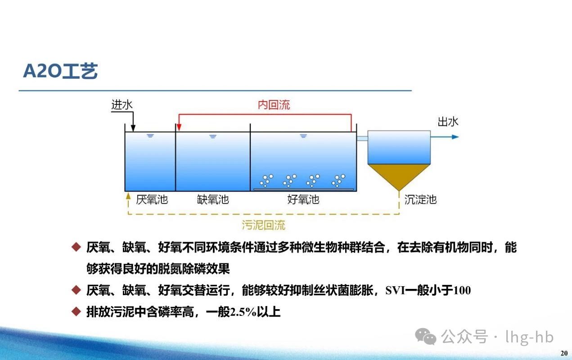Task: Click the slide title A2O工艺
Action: point(60,71)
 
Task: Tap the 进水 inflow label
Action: point(122,105)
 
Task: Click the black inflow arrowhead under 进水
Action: point(133,128)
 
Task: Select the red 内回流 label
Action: point(274,105)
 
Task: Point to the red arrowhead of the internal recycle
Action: point(179,127)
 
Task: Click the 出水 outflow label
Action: point(448,122)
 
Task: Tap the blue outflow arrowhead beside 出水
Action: point(455,137)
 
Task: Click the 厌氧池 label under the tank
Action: point(152,199)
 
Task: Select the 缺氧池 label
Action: point(213,199)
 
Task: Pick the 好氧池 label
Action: point(303,199)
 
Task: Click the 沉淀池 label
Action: point(420,200)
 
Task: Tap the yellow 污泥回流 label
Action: point(264,225)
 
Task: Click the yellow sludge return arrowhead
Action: point(128,196)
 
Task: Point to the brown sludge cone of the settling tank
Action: point(399,175)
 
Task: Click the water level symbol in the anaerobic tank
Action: point(150,136)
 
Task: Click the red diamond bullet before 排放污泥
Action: point(76,311)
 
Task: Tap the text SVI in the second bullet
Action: point(395,290)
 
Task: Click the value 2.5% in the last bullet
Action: point(243,312)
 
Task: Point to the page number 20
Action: point(564,353)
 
